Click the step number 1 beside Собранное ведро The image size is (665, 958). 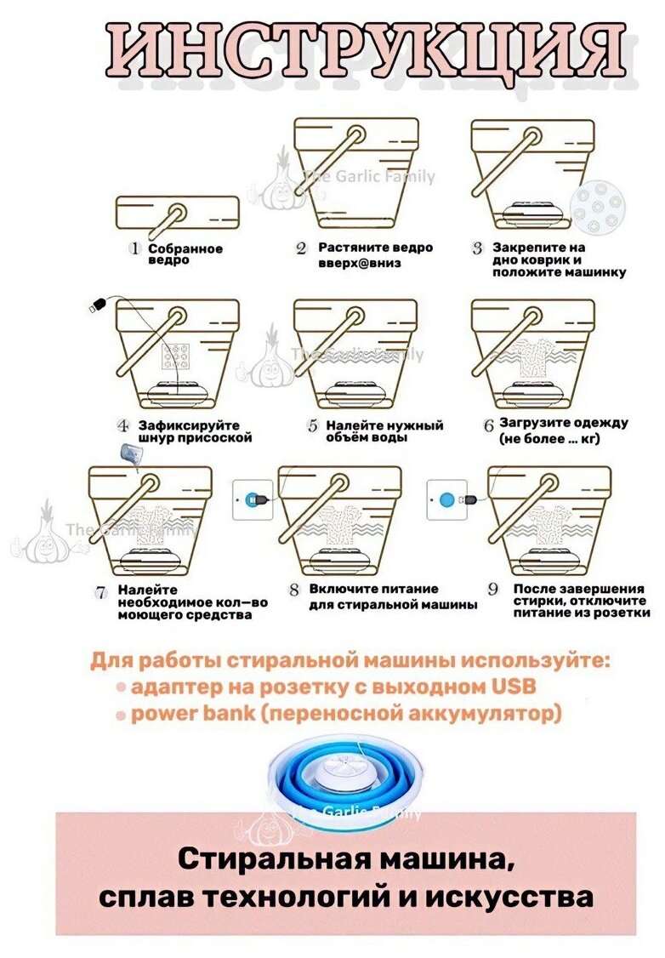134,248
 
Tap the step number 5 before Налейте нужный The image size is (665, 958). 312,425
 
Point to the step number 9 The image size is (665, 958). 492,589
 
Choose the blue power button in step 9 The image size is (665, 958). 446,499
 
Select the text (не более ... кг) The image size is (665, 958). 555,437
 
